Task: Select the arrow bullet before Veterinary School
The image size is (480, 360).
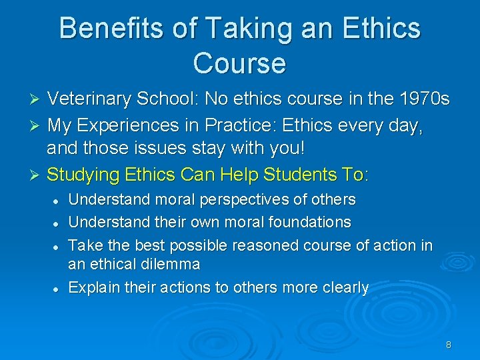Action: pos(37,100)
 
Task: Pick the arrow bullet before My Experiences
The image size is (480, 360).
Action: pos(37,125)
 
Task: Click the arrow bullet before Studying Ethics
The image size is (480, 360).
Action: pos(37,175)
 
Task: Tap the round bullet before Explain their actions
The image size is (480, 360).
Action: pos(58,289)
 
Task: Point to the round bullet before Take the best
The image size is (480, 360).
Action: pos(58,246)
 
